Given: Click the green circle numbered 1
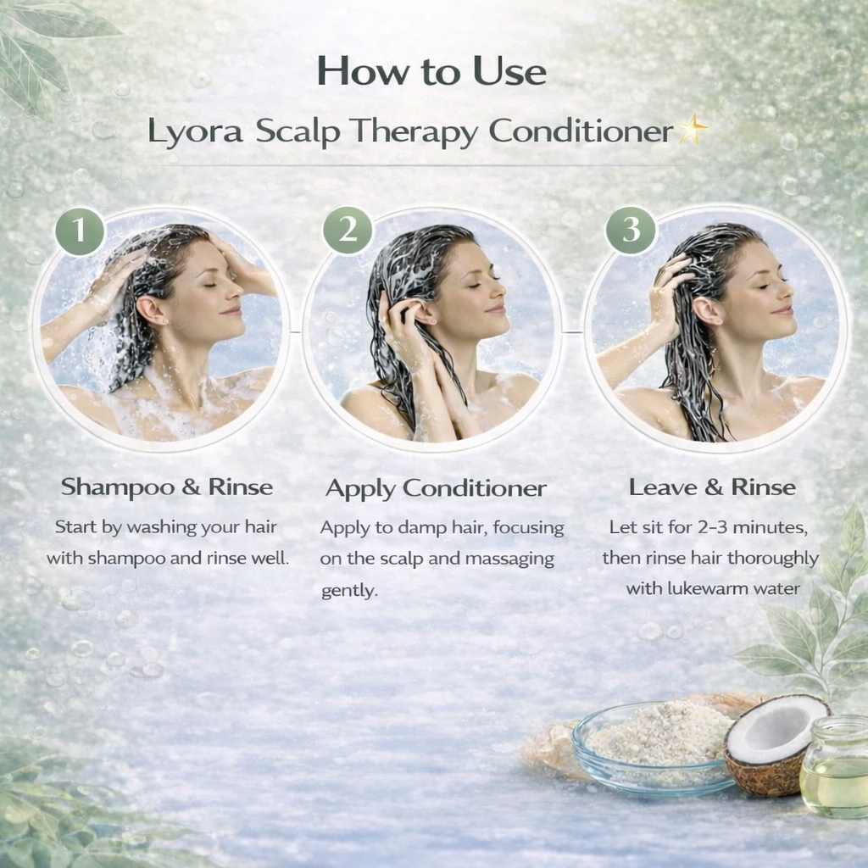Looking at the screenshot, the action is click(x=81, y=231).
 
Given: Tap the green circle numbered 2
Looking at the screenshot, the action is click(x=348, y=230).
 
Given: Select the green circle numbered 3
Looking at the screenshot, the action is click(x=631, y=229).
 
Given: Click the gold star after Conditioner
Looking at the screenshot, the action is click(x=692, y=130).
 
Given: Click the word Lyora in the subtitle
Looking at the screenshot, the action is click(x=196, y=133).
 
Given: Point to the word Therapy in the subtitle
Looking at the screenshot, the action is click(x=414, y=133).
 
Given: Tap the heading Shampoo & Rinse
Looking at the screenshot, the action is click(x=167, y=487).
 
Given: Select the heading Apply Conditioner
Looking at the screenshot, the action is click(x=437, y=489).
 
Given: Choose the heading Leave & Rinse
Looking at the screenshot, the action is click(x=712, y=487).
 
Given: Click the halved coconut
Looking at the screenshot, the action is click(x=775, y=743).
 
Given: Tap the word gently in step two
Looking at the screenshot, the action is click(x=349, y=591).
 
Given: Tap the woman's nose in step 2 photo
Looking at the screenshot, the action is click(x=498, y=290).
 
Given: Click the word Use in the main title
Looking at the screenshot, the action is click(x=509, y=72).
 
